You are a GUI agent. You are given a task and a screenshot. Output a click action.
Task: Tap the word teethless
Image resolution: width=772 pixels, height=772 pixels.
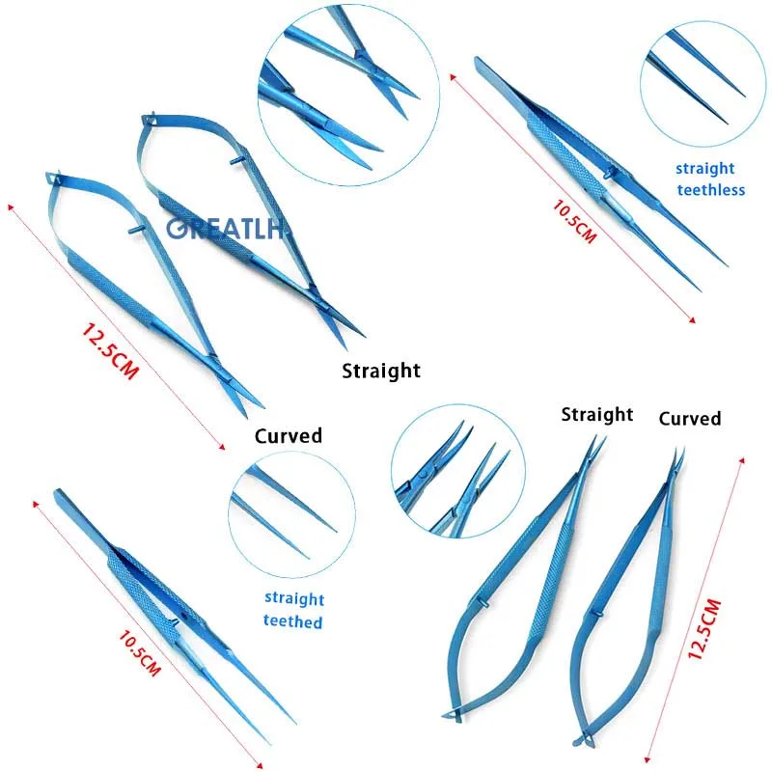710,190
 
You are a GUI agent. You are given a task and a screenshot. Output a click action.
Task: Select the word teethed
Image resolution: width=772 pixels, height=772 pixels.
292,621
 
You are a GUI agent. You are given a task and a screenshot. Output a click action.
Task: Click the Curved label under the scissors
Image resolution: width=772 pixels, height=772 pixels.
288,435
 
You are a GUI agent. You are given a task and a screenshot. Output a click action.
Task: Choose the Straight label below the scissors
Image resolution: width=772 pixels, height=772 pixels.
381,370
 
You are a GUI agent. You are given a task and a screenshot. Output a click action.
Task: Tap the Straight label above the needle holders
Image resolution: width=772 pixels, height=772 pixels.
597,414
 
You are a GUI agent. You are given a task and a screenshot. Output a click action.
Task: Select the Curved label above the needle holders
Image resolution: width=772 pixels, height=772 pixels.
689,418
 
